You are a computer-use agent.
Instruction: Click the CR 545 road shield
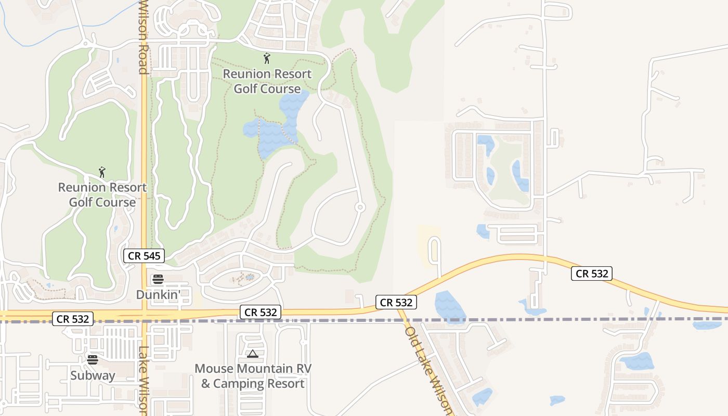click(x=144, y=256)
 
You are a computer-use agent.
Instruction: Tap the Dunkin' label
click(x=158, y=294)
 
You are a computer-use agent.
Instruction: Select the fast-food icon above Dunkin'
click(x=158, y=279)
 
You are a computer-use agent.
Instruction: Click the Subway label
click(x=93, y=375)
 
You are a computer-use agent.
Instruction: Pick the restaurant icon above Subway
click(x=93, y=359)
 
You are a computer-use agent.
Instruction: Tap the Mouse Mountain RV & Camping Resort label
click(x=253, y=376)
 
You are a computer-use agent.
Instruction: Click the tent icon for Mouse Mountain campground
click(x=253, y=354)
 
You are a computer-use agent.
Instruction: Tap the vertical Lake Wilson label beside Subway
click(x=144, y=380)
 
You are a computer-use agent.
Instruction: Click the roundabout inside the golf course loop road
click(x=359, y=207)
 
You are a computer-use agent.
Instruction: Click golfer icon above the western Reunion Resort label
click(x=102, y=172)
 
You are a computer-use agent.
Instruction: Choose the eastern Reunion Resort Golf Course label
click(x=267, y=81)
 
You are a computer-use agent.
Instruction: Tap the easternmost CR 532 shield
click(x=591, y=273)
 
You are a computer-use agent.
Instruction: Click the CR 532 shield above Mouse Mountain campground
click(x=261, y=312)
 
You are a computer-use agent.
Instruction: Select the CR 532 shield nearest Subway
click(x=72, y=319)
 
